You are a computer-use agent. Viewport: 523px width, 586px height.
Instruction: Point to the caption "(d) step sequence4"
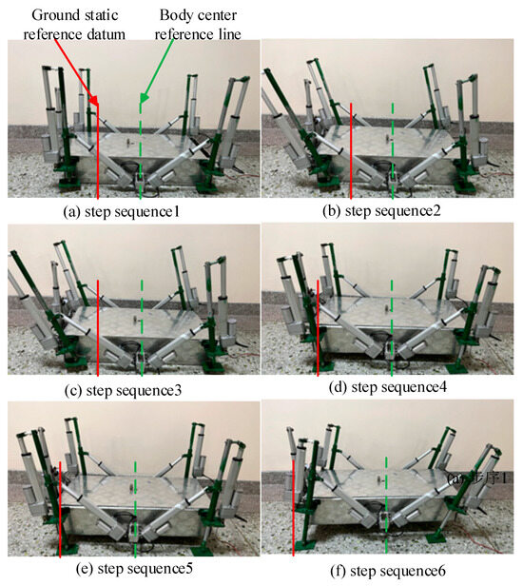tap(390, 387)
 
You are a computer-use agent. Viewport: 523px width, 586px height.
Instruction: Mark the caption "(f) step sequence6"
tap(390, 571)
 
